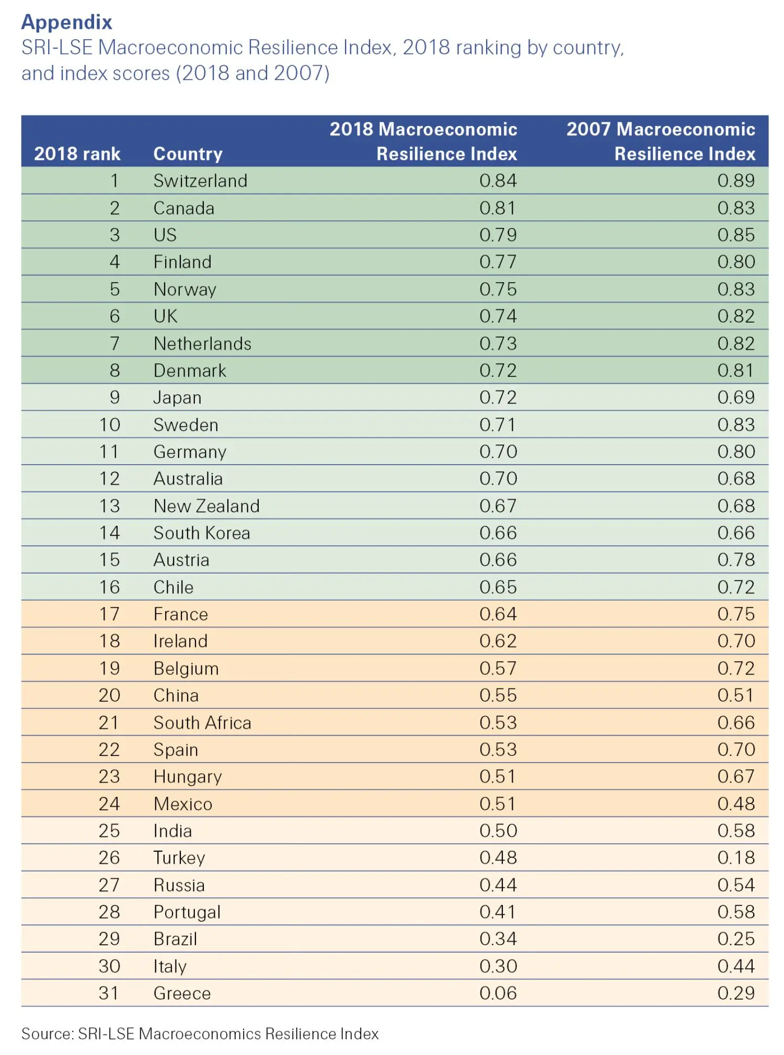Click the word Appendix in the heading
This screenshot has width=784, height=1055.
coord(66,22)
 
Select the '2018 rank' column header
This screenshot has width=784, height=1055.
coord(77,154)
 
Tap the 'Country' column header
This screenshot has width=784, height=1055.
coord(188,154)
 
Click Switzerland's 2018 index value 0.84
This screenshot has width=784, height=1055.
coord(498,181)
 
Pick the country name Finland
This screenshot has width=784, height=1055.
coord(182,262)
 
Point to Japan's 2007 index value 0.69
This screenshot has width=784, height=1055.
coord(735,397)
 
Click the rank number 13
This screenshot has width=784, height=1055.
coord(109,506)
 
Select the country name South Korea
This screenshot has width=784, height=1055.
coord(202,533)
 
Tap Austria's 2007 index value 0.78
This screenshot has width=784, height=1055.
coord(735,560)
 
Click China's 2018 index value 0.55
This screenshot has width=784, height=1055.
coord(498,695)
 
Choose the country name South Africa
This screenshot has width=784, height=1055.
coord(202,723)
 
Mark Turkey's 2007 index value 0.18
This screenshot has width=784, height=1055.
coord(735,858)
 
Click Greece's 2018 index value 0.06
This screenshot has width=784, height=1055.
coord(498,993)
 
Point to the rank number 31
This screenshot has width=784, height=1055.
coord(109,993)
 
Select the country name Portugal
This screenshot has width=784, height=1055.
coord(187,912)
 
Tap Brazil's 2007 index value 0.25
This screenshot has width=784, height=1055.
coord(735,939)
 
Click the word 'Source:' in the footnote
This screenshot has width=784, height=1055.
coord(48,1034)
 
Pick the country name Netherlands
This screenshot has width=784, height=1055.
coord(202,343)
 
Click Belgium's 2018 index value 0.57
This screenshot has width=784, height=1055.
coord(498,668)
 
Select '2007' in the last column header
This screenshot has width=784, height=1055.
coord(585,129)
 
